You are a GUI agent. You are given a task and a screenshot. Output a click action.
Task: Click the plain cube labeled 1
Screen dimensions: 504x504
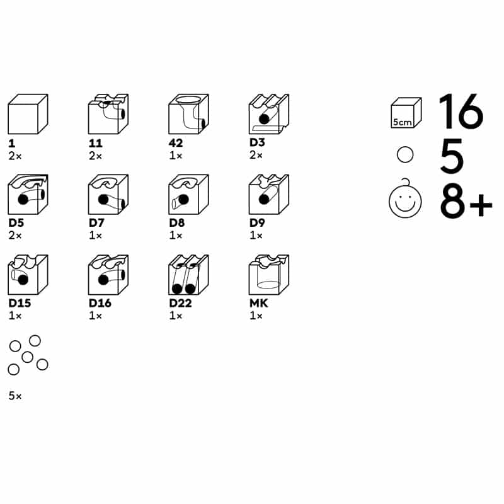(28, 114)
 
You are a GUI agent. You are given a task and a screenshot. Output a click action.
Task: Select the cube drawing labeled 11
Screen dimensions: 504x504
(108, 114)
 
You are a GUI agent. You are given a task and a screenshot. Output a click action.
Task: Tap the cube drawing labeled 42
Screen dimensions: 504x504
(188, 114)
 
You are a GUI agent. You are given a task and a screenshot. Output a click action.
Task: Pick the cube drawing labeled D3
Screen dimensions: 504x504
(269, 114)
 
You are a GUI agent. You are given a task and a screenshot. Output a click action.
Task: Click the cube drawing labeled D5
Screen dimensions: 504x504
(28, 195)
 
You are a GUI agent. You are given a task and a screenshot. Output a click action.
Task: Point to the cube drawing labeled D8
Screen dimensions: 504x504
(188, 195)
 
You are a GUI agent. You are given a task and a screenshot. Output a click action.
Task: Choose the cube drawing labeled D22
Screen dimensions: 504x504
(188, 275)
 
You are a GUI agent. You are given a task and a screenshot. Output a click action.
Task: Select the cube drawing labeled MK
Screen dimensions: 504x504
(269, 275)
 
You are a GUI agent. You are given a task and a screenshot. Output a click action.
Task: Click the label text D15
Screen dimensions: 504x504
(20, 303)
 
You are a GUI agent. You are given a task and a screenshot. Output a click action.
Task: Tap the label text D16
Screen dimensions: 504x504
(100, 303)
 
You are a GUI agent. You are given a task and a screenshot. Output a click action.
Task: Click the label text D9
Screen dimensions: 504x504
(257, 223)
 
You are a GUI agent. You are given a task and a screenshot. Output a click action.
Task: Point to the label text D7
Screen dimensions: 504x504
(96, 223)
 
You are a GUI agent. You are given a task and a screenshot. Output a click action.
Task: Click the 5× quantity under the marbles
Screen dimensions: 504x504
(15, 396)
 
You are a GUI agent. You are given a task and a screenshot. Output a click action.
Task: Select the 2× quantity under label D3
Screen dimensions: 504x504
(256, 155)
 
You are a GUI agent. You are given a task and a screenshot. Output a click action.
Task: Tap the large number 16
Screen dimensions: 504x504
(461, 112)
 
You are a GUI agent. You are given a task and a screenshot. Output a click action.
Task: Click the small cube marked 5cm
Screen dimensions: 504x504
(406, 113)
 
